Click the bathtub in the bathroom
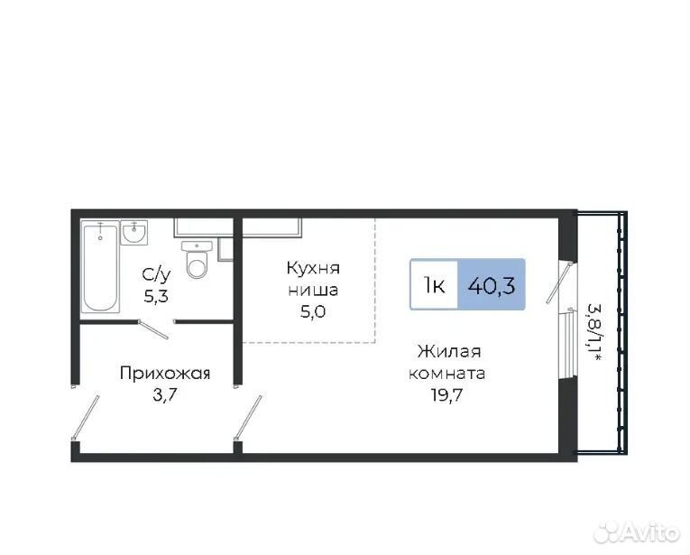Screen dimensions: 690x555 coord(100,267)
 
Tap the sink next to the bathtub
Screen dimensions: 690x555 coord(133,233)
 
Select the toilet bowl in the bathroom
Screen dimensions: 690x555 coord(197,260)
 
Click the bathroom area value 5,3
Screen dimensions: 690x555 coord(156,296)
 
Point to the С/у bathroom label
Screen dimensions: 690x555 coord(156,275)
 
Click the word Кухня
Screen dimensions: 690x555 coord(313,268)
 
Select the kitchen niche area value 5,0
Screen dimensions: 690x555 coord(313,311)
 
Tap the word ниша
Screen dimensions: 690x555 coord(313,290)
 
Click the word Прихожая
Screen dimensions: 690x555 coord(165,374)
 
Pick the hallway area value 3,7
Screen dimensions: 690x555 coord(164,394)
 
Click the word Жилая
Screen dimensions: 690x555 coord(449,352)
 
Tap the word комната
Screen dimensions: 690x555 coord(447,374)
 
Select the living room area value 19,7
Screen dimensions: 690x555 coord(446,395)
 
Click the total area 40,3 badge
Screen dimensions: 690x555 coord(491,285)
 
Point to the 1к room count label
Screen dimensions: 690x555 coord(434,286)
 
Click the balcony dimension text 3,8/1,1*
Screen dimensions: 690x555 coord(595,333)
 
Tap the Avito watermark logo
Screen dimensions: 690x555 coord(637,532)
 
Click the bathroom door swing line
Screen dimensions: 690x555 coord(153,329)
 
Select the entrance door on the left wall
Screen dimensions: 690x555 coord(86,417)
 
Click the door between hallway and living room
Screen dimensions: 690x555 coord(249,417)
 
